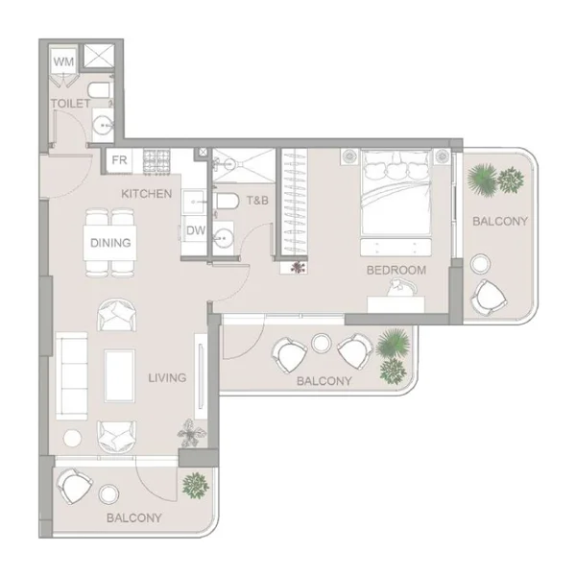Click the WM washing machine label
pos(63,61)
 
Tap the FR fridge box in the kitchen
pos(119,160)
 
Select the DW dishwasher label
pos(196,230)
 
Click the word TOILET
pos(70,104)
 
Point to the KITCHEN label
pos(147,194)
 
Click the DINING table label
pos(110,243)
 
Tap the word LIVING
pos(167,377)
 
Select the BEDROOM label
pos(396,271)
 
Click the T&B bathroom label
pos(257,201)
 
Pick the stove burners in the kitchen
pos(156,161)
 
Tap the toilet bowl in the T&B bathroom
pos(227,201)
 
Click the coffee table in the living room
pos(119,375)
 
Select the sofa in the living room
pos(72,375)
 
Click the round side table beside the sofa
pos(72,439)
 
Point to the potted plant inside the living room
pos(191,434)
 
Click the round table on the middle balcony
pos(322,343)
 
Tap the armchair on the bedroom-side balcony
pos(489,298)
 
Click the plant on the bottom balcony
pos(196,485)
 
